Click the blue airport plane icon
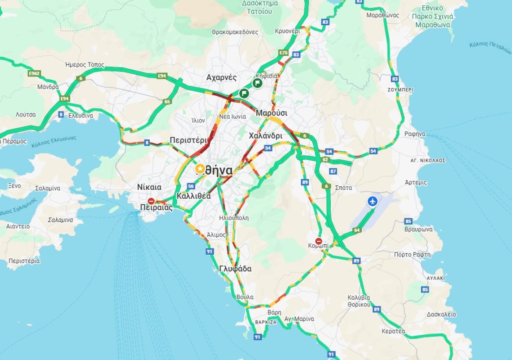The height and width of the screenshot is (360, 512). click(x=373, y=201)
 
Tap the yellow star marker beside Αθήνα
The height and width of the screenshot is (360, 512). click(x=200, y=169)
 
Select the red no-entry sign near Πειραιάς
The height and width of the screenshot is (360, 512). click(x=152, y=201)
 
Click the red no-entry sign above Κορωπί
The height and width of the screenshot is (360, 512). click(x=319, y=241)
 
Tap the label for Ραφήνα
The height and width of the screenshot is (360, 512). click(x=415, y=134)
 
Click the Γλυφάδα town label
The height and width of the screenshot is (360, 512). click(x=235, y=269)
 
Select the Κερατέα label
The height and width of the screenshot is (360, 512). click(x=393, y=331)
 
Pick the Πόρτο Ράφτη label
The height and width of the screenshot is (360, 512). click(x=412, y=254)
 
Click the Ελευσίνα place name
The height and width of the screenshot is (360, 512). click(x=81, y=116)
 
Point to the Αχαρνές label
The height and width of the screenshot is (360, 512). click(x=221, y=77)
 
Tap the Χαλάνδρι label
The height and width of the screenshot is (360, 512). click(x=265, y=135)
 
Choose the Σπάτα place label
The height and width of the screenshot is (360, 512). click(x=344, y=188)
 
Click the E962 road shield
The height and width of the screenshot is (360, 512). click(x=34, y=73)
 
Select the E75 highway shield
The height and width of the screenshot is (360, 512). click(x=283, y=53)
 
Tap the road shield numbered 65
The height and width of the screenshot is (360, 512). click(x=167, y=102)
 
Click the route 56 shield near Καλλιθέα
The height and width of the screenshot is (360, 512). click(x=191, y=186)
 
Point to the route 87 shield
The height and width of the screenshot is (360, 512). click(x=333, y=171)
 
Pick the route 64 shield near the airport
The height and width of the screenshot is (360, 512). click(x=357, y=230)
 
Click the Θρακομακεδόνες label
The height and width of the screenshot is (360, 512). click(x=235, y=32)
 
